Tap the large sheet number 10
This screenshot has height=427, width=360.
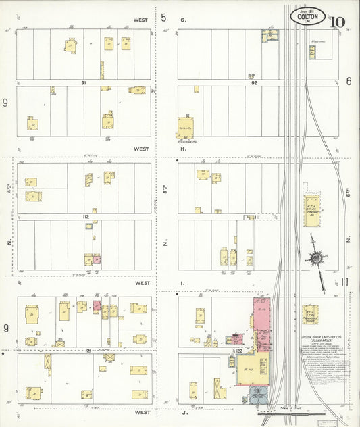pos(338,22)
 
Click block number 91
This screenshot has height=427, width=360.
pos(84,82)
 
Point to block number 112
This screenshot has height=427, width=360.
pos(85,216)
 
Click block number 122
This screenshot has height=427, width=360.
pos(238,351)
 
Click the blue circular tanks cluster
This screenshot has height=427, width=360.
pos(258,395)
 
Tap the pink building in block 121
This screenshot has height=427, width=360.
pos(97,307)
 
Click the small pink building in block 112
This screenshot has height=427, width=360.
pos(97,259)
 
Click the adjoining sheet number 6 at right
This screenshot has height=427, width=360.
pos(349,81)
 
